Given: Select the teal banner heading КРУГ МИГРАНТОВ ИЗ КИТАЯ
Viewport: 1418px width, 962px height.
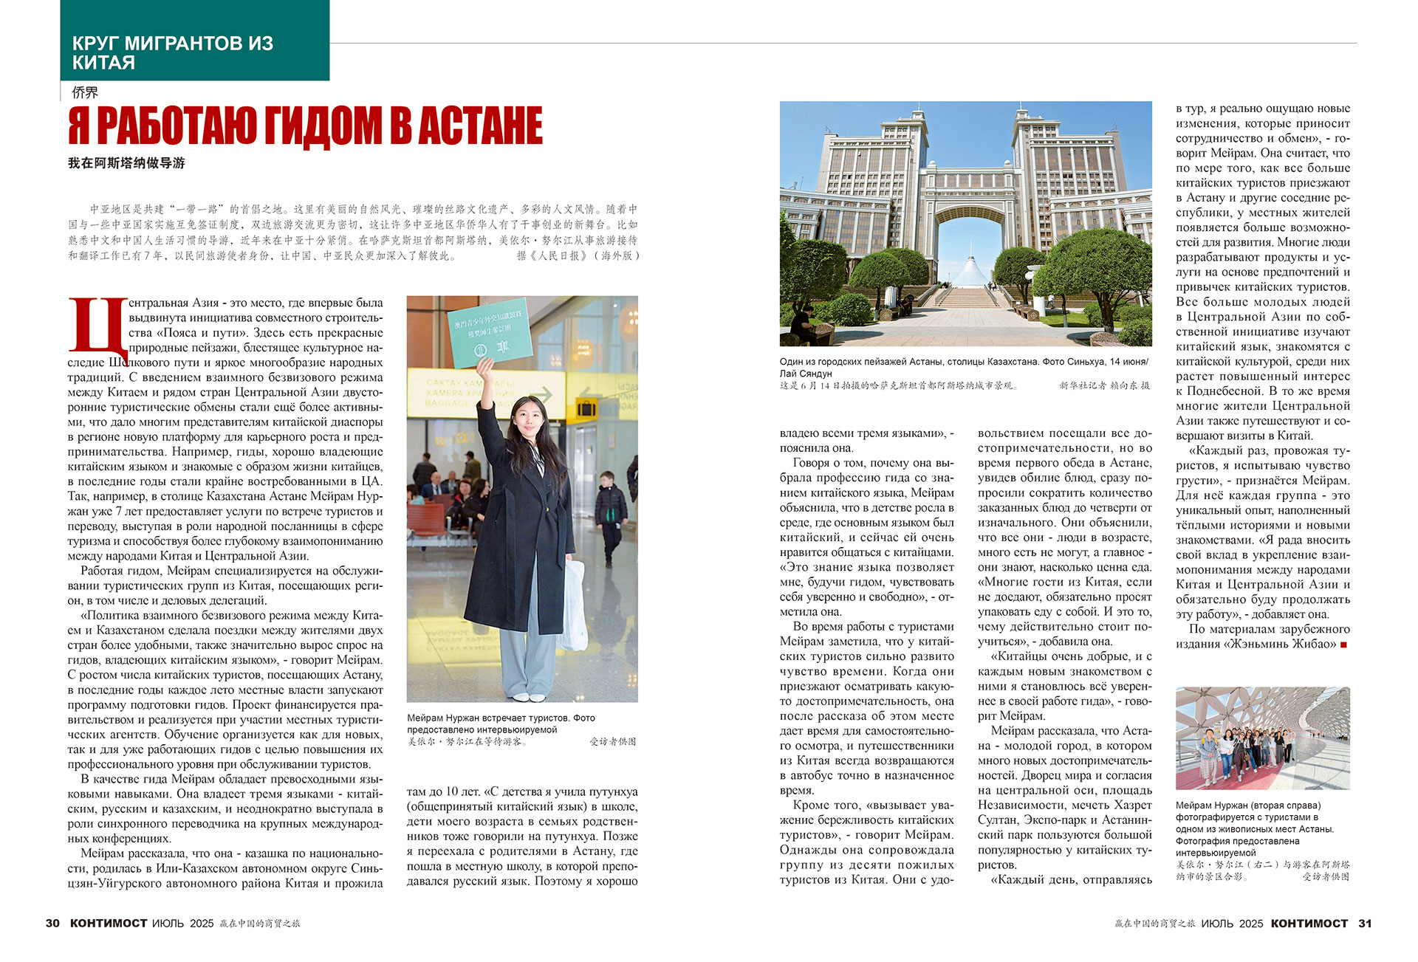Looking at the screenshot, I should pos(172,52).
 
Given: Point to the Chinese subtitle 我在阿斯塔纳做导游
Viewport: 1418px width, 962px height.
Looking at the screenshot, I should pos(126,163).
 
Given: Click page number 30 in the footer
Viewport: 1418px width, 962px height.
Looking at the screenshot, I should pos(52,924).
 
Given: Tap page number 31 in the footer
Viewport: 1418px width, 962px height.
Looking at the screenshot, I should pos(1365,924).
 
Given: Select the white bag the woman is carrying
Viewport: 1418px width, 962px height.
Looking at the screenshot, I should pos(573,605).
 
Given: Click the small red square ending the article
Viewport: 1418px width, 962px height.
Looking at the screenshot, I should pos(1343,645).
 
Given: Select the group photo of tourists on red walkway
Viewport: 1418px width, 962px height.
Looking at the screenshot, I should pos(1262,738).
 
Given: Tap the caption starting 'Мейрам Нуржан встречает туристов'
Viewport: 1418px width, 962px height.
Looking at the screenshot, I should pos(501,724).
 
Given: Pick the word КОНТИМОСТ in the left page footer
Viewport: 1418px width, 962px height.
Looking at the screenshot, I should pos(109,924).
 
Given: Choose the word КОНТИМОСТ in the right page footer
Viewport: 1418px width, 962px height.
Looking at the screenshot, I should pos(1309,924).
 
